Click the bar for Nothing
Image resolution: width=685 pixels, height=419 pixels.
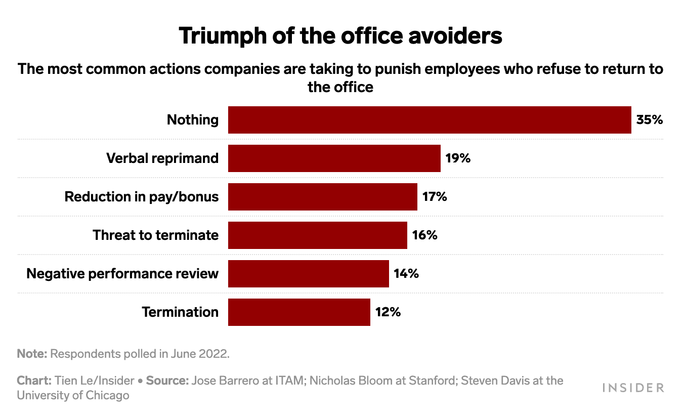[430, 120]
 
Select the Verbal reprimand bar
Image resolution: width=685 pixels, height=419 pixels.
[334, 158]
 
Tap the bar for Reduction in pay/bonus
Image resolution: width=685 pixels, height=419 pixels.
[322, 197]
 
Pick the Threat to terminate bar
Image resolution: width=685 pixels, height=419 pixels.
[317, 235]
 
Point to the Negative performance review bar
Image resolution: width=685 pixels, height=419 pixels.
[308, 274]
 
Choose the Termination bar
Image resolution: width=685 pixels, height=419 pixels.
[299, 312]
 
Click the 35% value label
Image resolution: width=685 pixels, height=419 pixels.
[649, 120]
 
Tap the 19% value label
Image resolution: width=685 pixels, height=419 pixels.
[458, 158]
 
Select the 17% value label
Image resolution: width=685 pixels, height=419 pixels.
[435, 197]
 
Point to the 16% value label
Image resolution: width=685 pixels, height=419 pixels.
[424, 235]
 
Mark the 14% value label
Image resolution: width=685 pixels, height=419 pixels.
[406, 274]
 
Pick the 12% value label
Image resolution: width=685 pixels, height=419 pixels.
[388, 312]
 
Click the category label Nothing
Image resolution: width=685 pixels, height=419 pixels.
[193, 120]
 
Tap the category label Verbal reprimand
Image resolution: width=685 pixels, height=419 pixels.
[162, 158]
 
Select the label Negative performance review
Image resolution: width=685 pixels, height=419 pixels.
[122, 274]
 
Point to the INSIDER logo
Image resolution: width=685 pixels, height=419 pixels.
[633, 388]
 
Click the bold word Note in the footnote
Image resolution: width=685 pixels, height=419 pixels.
[31, 354]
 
